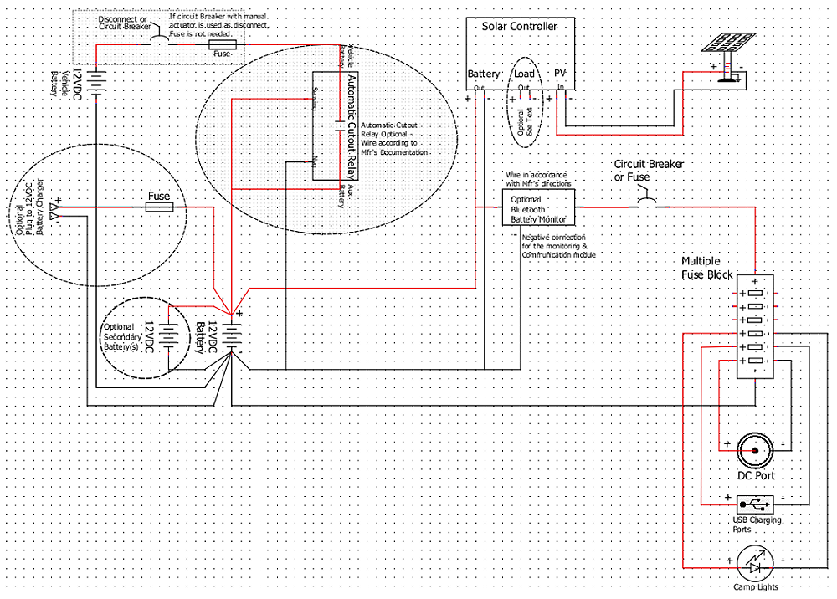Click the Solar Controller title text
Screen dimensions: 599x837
[x=519, y=27]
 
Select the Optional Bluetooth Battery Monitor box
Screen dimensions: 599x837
[x=539, y=207]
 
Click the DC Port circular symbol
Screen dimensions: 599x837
[x=755, y=451]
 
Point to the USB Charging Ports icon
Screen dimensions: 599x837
[x=756, y=504]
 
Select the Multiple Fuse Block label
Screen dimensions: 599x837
[x=707, y=268]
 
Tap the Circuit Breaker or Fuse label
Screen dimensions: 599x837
[x=649, y=171]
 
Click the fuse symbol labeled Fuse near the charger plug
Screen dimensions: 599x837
[x=159, y=207]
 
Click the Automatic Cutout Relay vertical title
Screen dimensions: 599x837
[x=352, y=126]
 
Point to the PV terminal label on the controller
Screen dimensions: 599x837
[x=561, y=74]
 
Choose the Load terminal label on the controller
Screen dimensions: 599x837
[x=524, y=74]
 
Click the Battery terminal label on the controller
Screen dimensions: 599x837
[x=483, y=74]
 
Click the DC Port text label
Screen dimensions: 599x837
[x=755, y=475]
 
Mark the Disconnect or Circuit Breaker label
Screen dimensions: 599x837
[x=123, y=22]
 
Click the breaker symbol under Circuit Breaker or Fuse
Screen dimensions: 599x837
[x=647, y=203]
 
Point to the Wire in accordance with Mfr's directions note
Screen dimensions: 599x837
[x=539, y=178]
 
